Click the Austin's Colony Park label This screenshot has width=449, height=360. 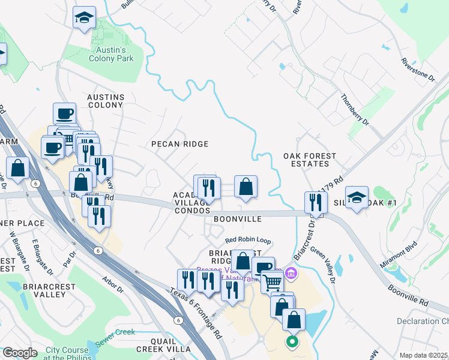coord(111,54)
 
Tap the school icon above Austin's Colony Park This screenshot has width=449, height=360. coord(84,18)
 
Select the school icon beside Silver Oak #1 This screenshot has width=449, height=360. coord(357,198)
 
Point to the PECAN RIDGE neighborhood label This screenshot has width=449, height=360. coord(179,144)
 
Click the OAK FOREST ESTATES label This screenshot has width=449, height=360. coord(310,160)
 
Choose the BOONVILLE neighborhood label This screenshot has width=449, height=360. coord(238,220)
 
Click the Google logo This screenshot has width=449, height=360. coord(20,353)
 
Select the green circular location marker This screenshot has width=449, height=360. coord(292,343)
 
